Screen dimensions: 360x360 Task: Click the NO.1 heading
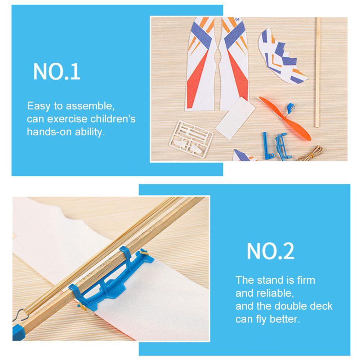coord(57,71)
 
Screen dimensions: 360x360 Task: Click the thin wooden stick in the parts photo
coord(318,72)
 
